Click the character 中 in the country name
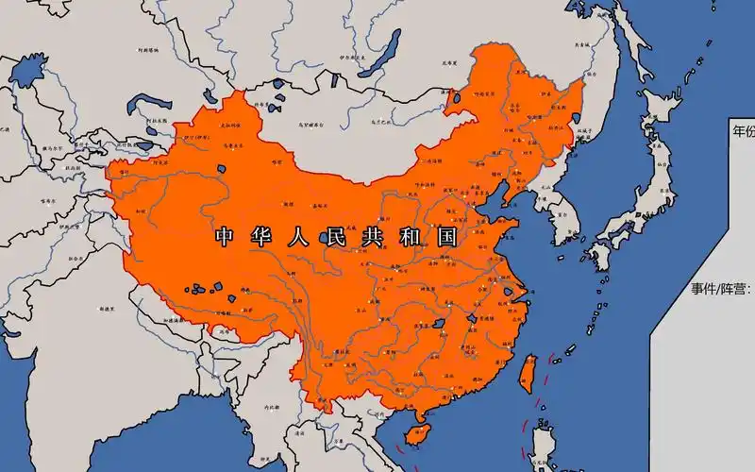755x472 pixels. click(224, 236)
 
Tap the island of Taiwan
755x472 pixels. click(528, 372)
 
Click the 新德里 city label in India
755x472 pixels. click(107, 309)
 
